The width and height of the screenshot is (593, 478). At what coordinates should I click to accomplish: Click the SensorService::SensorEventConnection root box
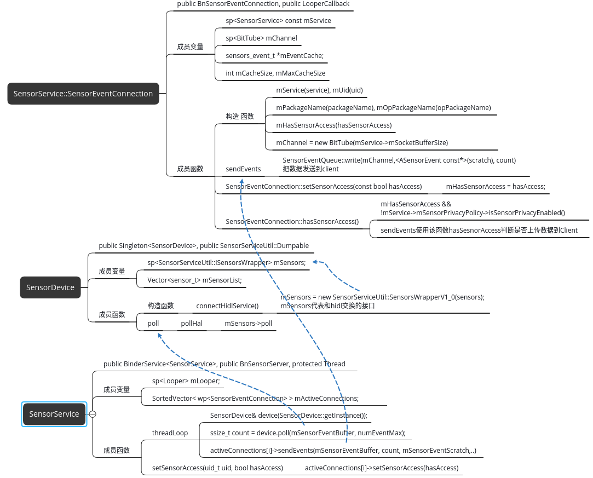pyautogui.click(x=83, y=94)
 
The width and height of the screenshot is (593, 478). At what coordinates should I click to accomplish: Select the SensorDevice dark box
pyautogui.click(x=50, y=287)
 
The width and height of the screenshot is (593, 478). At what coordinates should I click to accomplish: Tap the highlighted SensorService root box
pyautogui.click(x=54, y=414)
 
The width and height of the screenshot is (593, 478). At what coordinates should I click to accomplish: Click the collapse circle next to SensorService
pyautogui.click(x=93, y=414)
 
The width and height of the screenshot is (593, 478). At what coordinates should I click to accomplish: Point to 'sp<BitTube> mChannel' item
pyautogui.click(x=261, y=38)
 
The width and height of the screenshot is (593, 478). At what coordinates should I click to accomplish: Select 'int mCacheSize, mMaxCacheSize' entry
pyautogui.click(x=275, y=73)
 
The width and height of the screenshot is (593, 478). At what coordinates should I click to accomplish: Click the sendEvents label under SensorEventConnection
pyautogui.click(x=243, y=169)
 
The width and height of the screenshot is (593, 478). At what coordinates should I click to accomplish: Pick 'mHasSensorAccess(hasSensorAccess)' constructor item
pyautogui.click(x=334, y=125)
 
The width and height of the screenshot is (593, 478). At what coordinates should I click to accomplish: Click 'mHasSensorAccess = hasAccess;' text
pyautogui.click(x=496, y=186)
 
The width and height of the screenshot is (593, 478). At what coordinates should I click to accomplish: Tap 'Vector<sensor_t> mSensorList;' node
pyautogui.click(x=194, y=280)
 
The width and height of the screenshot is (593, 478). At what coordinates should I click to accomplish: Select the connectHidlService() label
pyautogui.click(x=227, y=306)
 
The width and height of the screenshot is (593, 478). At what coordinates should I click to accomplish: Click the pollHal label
pyautogui.click(x=192, y=324)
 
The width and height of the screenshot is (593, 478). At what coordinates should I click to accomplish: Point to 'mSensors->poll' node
pyautogui.click(x=248, y=324)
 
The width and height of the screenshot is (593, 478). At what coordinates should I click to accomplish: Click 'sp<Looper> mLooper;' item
pyautogui.click(x=186, y=381)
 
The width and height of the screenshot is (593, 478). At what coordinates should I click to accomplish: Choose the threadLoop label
pyautogui.click(x=170, y=433)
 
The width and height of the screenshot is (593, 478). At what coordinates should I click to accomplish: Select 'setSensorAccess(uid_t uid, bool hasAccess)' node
pyautogui.click(x=217, y=468)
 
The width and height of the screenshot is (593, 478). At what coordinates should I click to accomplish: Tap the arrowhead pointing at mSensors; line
pyautogui.click(x=315, y=262)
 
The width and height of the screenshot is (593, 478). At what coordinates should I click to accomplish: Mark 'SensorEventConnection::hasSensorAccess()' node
pyautogui.click(x=292, y=222)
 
